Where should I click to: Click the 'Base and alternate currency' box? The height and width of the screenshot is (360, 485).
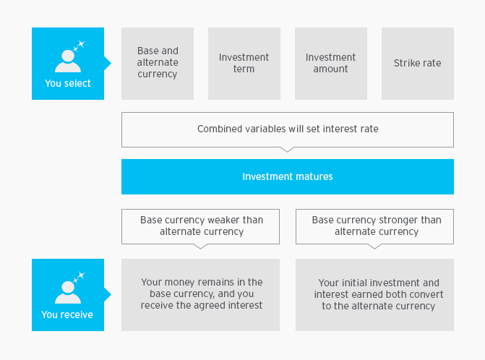tap(158, 64)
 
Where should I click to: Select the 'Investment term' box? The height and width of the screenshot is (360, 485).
tap(244, 64)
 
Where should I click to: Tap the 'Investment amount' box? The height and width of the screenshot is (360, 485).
tap(331, 64)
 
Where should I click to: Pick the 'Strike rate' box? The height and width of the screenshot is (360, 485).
tap(418, 64)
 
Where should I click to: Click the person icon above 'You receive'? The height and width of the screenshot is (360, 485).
tap(68, 292)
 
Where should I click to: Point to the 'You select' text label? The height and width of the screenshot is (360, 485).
tap(68, 84)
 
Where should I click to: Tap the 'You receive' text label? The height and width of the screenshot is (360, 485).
tap(67, 314)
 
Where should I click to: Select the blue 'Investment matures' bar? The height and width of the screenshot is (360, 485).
tap(288, 176)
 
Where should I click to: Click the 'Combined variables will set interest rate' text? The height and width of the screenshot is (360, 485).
tap(288, 129)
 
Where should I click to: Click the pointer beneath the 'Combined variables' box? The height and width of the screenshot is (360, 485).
tap(288, 150)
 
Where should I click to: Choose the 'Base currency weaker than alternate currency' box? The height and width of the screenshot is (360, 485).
tap(200, 226)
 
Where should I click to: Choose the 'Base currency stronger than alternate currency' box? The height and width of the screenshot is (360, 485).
tap(374, 226)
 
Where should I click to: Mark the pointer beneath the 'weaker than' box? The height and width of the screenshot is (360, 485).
tap(200, 247)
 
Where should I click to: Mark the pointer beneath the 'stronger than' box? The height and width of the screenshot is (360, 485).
tap(374, 247)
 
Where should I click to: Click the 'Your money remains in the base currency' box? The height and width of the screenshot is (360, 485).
tap(200, 295)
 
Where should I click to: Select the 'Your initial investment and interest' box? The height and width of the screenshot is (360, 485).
tap(374, 295)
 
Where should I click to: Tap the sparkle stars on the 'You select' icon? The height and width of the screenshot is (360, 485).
tap(80, 45)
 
